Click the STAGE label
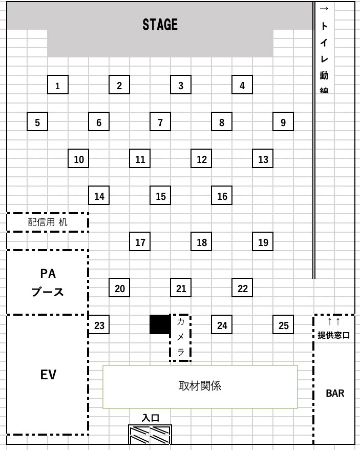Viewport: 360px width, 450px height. pos(160,25)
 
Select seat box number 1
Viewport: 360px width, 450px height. pos(58,85)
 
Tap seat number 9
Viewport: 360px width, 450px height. pos(283,122)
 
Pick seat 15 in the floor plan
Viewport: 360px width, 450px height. pos(160,196)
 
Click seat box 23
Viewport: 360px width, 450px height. pos(99,325)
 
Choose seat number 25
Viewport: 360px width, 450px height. pos(283,325)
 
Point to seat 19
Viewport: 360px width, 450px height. pos(263,242)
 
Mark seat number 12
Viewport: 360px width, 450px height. pos(201,159)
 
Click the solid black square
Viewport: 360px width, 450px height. pos(160,324)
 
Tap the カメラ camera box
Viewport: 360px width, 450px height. pos(180,337)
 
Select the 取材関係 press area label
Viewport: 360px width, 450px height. pos(200,386)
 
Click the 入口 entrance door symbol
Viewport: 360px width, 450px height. pos(150,435)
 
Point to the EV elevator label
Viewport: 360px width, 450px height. pos(48,375)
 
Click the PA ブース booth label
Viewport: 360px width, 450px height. pos(48,282)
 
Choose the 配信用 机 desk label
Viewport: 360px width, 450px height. pos(47,222)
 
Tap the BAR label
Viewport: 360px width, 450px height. pos(335,394)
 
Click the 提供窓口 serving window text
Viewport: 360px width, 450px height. pos(333,335)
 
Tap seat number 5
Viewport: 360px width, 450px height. pos(37,122)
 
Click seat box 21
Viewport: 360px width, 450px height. pos(181,288)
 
